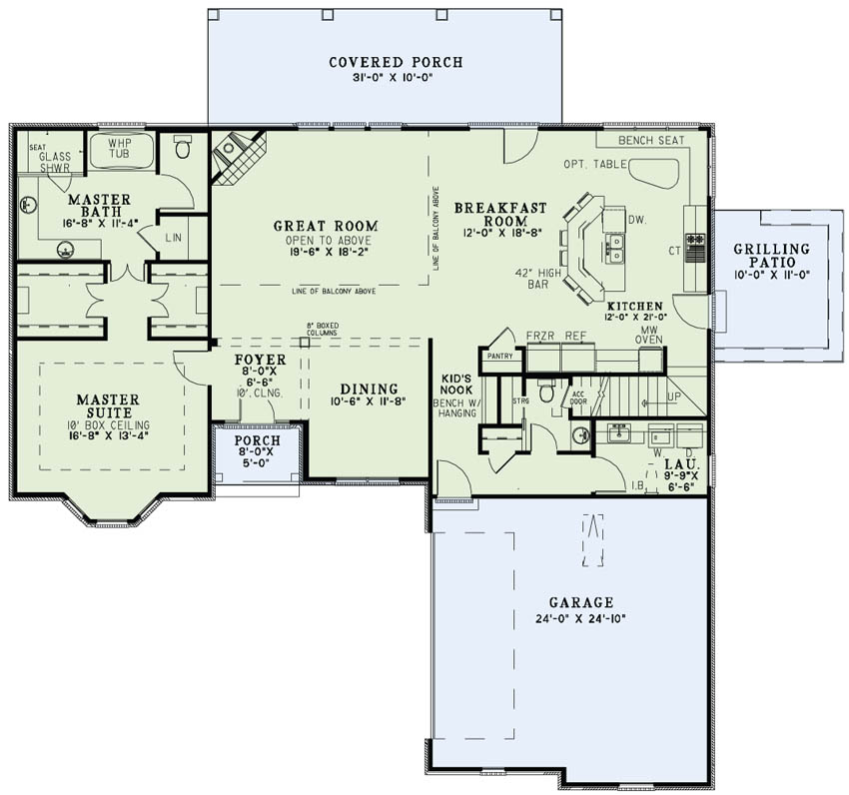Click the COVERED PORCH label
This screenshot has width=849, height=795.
point(396,62)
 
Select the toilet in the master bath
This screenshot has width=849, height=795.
point(183,148)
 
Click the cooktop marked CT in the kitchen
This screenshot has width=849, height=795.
point(693,246)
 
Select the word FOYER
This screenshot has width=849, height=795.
point(260,359)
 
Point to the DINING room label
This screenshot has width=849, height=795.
point(369,389)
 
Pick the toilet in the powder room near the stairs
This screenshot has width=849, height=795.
point(546,392)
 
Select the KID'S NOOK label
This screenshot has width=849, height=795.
point(456,383)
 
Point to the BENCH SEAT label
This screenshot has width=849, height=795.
point(651,141)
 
